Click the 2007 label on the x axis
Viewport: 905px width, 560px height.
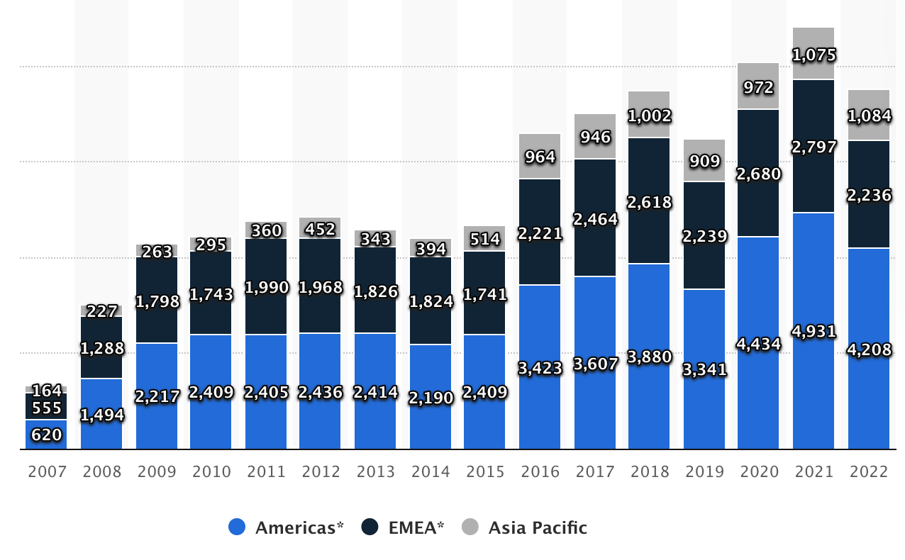pyautogui.click(x=46, y=471)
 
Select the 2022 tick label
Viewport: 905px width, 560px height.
pyautogui.click(x=869, y=471)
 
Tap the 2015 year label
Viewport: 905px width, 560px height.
pyautogui.click(x=484, y=471)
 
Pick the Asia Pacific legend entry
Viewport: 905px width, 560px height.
pyautogui.click(x=525, y=527)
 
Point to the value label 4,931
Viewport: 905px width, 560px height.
pyautogui.click(x=814, y=331)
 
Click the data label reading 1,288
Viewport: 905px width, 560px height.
pyautogui.click(x=101, y=348)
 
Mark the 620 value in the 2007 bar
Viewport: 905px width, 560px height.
pyautogui.click(x=46, y=435)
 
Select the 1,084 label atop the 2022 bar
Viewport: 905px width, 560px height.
pyautogui.click(x=869, y=115)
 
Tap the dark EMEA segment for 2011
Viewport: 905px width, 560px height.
pyautogui.click(x=266, y=312)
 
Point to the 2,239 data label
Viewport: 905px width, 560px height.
pyautogui.click(x=704, y=236)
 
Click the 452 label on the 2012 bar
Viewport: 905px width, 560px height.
pyautogui.click(x=320, y=229)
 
